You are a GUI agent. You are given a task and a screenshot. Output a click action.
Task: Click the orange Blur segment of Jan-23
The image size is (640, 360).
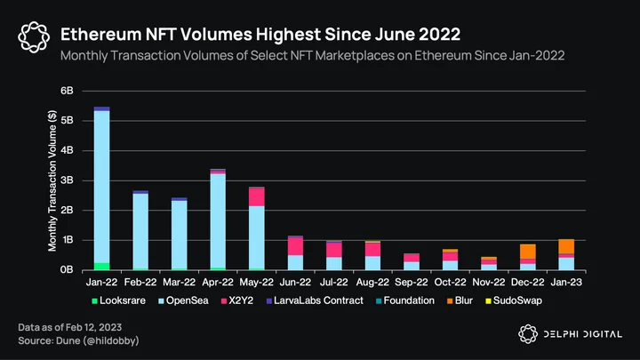566,246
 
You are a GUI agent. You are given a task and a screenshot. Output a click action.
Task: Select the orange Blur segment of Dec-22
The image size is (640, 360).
528,252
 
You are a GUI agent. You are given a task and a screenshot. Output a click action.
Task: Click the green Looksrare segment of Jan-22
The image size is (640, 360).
101,266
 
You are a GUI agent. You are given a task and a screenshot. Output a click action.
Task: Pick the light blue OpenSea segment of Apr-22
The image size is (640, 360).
218,220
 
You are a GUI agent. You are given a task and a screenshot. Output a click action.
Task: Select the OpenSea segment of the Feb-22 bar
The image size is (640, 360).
140,231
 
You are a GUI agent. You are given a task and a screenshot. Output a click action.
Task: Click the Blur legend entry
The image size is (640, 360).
460,300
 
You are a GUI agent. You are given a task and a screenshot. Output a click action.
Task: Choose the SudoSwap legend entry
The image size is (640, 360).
514,300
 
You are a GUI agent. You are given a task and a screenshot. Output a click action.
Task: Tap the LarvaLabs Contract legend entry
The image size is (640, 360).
315,300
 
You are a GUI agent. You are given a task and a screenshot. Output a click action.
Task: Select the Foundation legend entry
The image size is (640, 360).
405,300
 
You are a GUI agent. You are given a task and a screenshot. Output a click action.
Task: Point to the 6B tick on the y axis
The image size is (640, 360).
67,91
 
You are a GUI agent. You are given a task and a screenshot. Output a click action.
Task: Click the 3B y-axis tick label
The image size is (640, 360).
67,180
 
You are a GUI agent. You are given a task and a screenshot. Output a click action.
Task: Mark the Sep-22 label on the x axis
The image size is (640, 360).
412,282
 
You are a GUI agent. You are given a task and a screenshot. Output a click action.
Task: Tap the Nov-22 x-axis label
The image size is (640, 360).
489,282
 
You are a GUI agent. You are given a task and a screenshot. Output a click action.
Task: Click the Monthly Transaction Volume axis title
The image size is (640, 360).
52,180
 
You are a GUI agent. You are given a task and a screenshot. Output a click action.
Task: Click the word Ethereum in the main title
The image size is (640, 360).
100,35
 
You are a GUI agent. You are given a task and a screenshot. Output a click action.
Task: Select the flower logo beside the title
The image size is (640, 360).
34,37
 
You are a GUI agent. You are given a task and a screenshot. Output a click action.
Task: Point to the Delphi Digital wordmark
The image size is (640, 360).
583,334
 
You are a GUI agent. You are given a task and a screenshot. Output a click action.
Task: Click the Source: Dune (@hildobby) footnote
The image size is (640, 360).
78,340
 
